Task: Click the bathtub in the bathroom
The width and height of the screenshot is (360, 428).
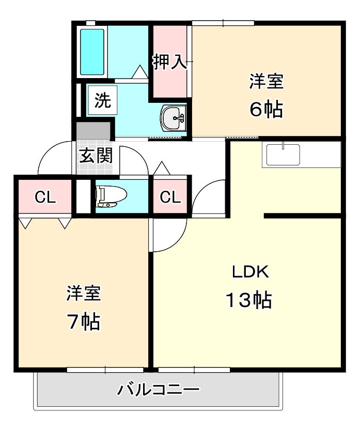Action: pyautogui.click(x=92, y=51)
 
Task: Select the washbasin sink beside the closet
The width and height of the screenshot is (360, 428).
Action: pyautogui.click(x=173, y=119)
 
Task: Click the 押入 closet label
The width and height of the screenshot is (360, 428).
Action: pyautogui.click(x=168, y=62)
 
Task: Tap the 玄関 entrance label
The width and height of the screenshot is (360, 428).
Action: pyautogui.click(x=96, y=155)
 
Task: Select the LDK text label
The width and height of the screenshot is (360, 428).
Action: pyautogui.click(x=249, y=271)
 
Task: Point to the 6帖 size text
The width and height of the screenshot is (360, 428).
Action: pyautogui.click(x=266, y=109)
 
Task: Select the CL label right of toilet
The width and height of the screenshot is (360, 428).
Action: pyautogui.click(x=170, y=197)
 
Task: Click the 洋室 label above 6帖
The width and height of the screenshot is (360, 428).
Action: pyautogui.click(x=267, y=81)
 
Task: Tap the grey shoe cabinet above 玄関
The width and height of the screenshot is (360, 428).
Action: pyautogui.click(x=93, y=130)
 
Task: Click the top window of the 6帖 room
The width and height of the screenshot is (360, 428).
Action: pyautogui.click(x=223, y=23)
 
